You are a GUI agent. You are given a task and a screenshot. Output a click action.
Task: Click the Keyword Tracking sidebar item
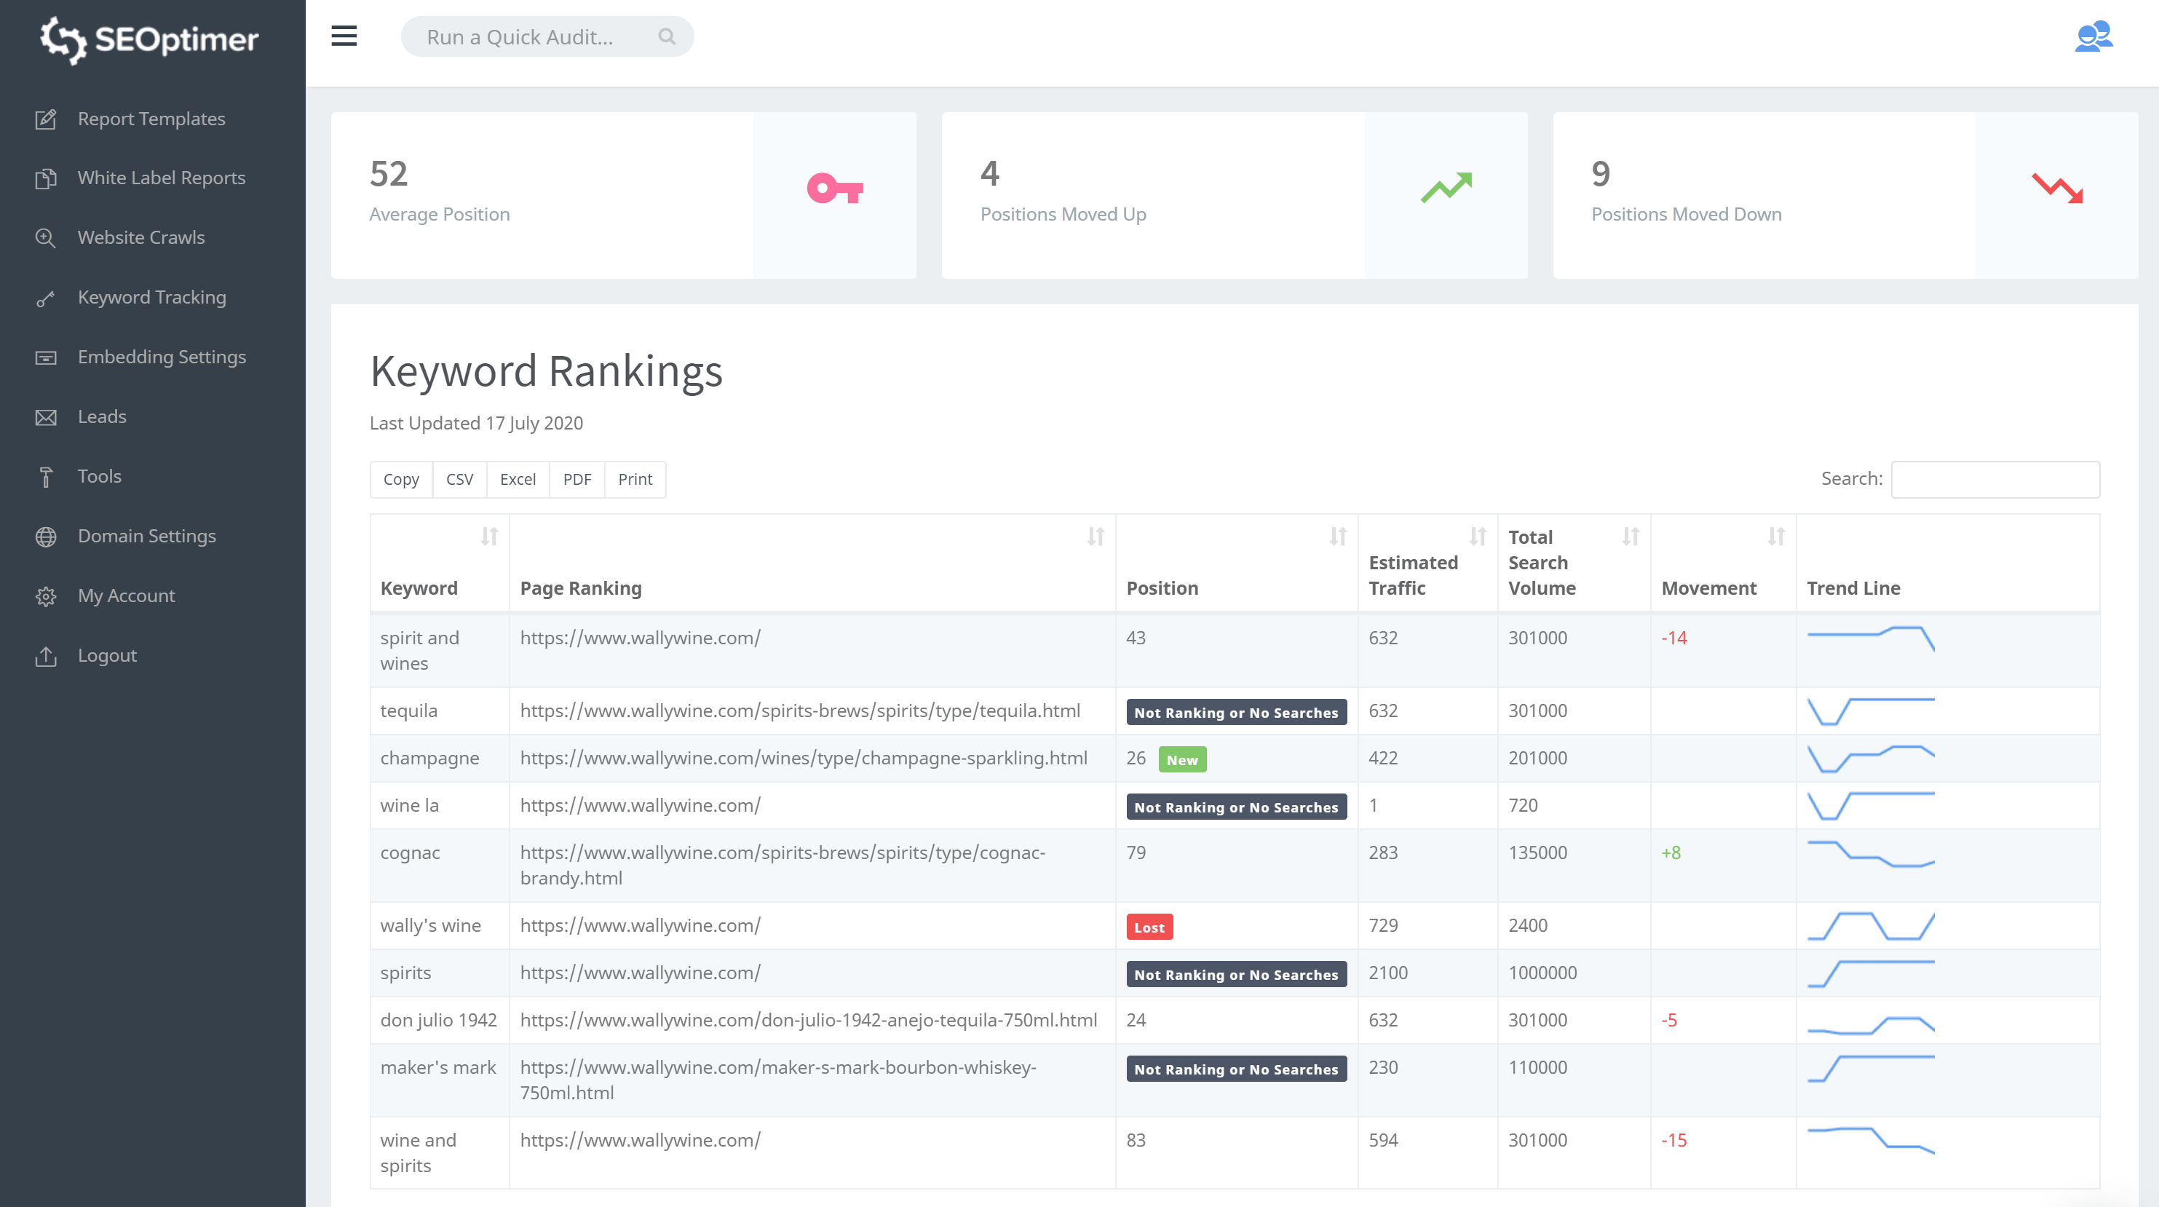[x=151, y=298]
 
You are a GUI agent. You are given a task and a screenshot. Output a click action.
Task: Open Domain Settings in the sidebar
[x=146, y=537]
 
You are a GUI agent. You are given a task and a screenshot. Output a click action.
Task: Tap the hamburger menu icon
[x=344, y=37]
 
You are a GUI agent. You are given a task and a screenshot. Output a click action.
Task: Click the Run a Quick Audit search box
[x=536, y=37]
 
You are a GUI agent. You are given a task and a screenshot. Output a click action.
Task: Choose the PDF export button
[x=577, y=480]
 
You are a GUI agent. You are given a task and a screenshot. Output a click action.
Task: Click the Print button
[x=635, y=480]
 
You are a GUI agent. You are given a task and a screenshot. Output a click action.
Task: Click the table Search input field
[x=1994, y=480]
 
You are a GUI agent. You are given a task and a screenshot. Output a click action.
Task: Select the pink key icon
[x=834, y=189]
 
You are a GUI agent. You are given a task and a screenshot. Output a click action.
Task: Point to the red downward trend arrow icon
[x=2057, y=188]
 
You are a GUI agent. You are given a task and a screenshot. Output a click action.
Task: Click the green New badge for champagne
[x=1181, y=760]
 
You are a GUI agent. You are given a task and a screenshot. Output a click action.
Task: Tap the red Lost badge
[x=1149, y=927]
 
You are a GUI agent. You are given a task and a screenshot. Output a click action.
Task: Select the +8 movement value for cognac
[x=1671, y=853]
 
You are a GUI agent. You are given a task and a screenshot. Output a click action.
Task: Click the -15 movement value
[x=1673, y=1141]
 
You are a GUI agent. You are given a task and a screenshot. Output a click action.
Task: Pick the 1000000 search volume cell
[x=1542, y=973]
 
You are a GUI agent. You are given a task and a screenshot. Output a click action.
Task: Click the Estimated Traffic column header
[x=1413, y=575]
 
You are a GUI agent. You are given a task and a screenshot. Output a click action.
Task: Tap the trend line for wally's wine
[x=1871, y=926]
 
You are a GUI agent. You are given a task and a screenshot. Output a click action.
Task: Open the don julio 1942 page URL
[x=808, y=1020]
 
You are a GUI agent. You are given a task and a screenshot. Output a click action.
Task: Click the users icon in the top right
[x=2093, y=37]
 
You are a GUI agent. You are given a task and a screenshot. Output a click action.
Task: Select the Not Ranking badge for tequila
[x=1236, y=713]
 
